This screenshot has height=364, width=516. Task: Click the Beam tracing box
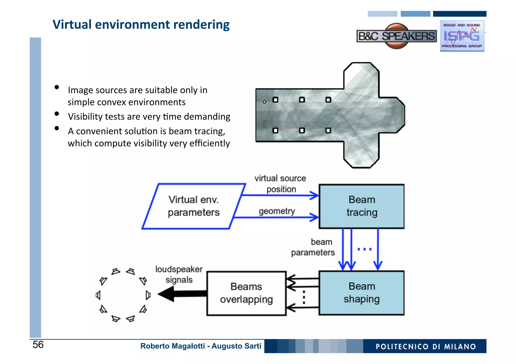[362, 206]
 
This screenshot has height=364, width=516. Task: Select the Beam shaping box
[362, 293]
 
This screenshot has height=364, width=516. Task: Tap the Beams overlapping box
[246, 293]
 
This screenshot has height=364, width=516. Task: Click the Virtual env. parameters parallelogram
[193, 206]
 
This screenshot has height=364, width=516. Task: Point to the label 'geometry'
[277, 211]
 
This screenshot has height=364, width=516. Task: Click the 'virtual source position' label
[280, 184]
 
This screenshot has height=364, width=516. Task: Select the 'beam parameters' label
[313, 247]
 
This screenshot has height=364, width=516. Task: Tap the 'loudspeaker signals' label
[179, 274]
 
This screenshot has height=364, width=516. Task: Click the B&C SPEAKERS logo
[397, 36]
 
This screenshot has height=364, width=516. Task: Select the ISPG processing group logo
[462, 36]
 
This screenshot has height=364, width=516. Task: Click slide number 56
[38, 345]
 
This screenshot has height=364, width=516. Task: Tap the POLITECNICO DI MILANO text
[425, 347]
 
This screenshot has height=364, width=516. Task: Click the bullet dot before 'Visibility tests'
[57, 114]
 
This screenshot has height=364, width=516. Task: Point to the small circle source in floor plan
[264, 102]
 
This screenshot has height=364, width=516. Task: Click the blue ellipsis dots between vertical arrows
[365, 249]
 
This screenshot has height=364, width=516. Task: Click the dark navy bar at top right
[460, 14]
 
